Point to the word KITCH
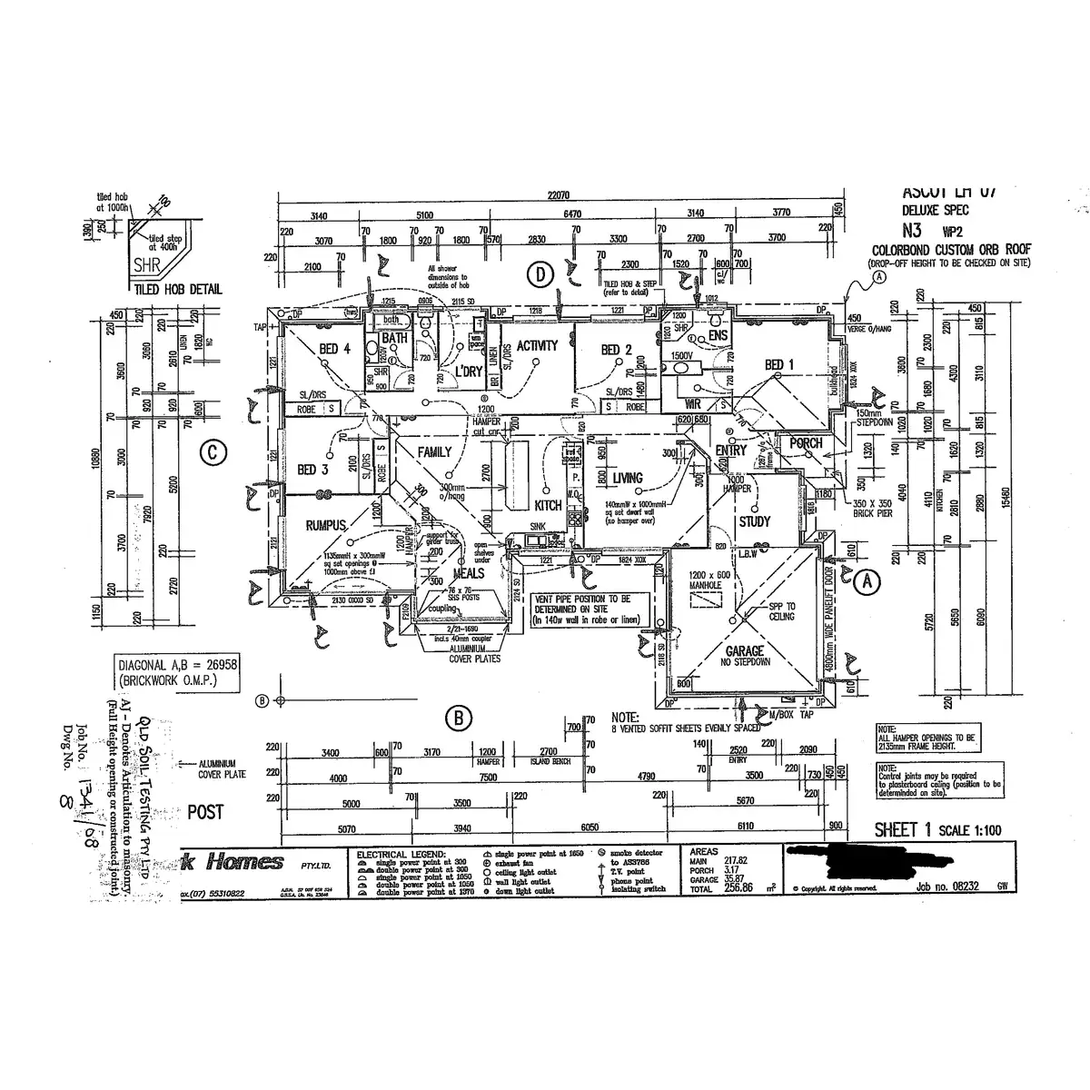tap(549, 505)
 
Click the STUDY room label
tap(754, 521)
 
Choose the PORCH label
tap(806, 443)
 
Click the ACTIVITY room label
tap(537, 346)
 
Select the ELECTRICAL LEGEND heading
tap(401, 856)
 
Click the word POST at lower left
tap(205, 812)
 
